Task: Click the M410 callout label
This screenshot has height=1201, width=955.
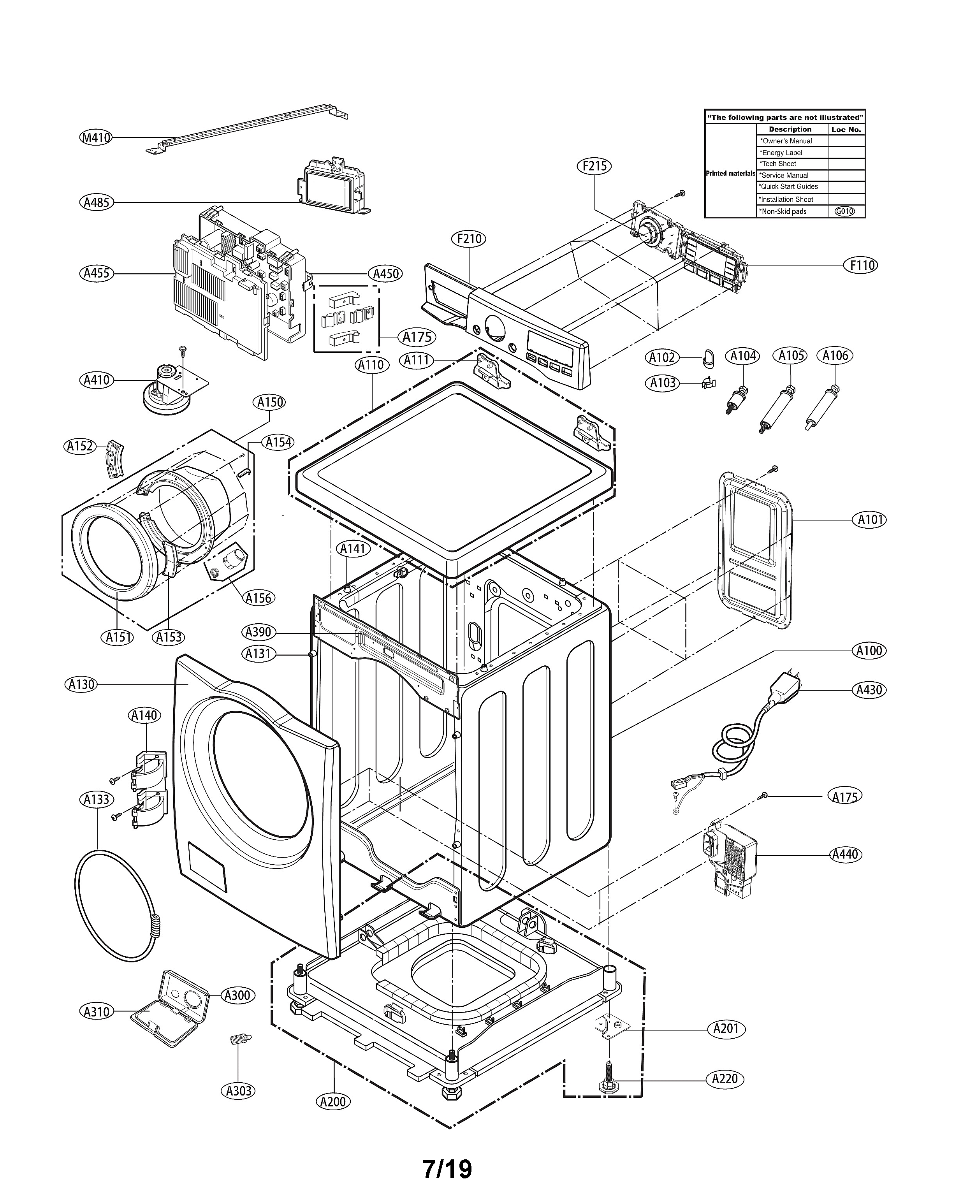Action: point(97,137)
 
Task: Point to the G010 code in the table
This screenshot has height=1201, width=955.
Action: point(845,211)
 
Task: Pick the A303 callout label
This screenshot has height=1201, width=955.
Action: point(239,1091)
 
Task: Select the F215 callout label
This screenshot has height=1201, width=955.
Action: point(594,166)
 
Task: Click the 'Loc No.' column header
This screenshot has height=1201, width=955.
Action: point(846,129)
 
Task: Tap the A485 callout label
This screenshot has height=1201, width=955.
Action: point(97,202)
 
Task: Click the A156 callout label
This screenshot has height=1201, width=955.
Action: point(259,598)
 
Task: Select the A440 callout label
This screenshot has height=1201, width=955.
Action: point(845,854)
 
